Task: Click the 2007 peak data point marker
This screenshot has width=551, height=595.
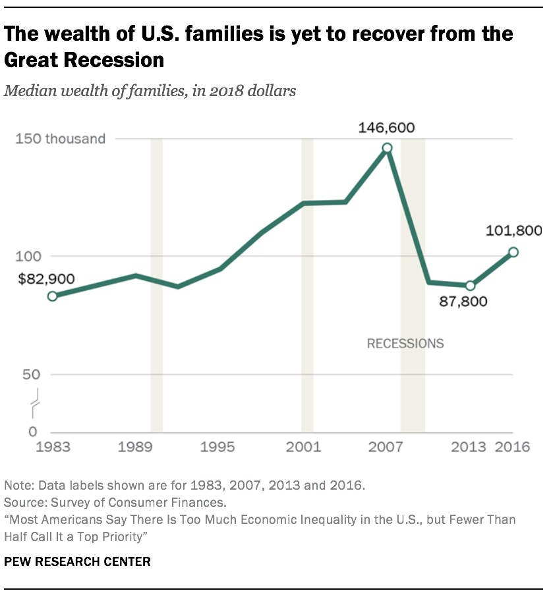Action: tap(387, 148)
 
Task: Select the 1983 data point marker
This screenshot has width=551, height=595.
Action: tap(52, 296)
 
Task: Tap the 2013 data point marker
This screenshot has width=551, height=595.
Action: tap(470, 286)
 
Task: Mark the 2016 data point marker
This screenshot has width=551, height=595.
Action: tap(513, 252)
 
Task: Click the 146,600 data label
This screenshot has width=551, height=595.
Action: tap(386, 128)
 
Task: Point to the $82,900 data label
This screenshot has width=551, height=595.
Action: tap(47, 278)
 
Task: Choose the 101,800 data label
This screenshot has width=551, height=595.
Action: tap(513, 231)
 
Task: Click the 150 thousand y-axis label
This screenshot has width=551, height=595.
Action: tap(74, 139)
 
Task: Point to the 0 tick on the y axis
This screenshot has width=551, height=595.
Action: tap(32, 432)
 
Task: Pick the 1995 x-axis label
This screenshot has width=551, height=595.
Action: tap(218, 448)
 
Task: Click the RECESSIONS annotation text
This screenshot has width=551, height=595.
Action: tap(405, 344)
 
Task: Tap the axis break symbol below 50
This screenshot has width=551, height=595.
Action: tap(34, 403)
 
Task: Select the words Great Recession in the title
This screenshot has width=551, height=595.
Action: tap(84, 60)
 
